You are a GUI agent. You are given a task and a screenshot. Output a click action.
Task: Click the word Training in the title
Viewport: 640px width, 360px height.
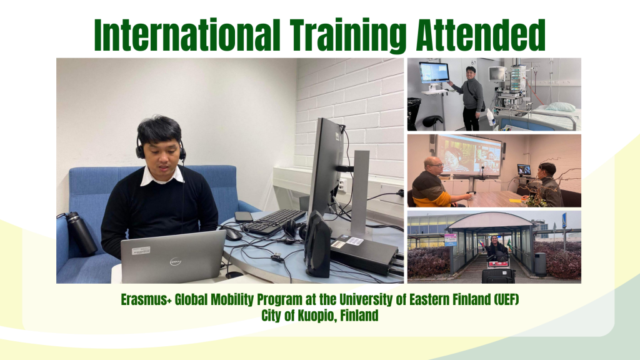click(x=348, y=36)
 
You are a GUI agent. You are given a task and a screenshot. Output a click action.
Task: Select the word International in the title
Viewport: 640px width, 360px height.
click(x=187, y=35)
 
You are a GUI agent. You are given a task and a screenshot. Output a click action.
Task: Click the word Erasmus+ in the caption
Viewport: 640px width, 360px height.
click(x=146, y=299)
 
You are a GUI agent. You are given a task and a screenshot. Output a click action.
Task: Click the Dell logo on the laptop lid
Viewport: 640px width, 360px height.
click(x=176, y=261)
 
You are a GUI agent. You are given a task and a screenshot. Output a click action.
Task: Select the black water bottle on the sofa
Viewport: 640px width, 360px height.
click(x=82, y=234)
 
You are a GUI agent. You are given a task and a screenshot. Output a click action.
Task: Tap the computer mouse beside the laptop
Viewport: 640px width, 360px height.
click(x=233, y=234)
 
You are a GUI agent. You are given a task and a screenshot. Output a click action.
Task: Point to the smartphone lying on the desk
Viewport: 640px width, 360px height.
click(x=244, y=217)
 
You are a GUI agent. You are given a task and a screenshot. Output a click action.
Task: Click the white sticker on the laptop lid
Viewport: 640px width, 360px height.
click(x=141, y=251)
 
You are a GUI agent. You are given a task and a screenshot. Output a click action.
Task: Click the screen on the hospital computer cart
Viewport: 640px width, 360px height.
click(x=434, y=73)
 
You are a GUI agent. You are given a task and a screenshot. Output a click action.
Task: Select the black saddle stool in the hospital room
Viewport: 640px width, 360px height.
click(x=432, y=122)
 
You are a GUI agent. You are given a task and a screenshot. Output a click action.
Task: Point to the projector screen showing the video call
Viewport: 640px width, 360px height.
click(x=469, y=156)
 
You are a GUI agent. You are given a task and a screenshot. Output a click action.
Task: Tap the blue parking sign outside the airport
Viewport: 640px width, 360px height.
click(x=564, y=221)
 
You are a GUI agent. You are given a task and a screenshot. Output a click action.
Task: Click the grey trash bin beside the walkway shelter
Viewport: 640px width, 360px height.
click(x=541, y=264)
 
